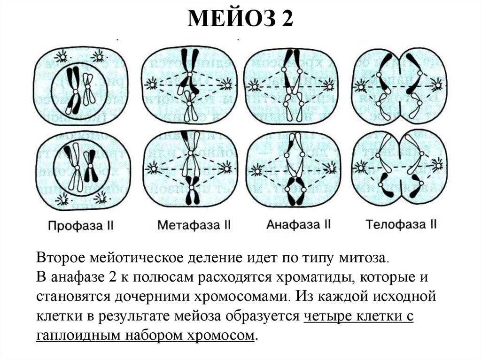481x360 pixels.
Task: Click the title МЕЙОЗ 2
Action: point(240,20)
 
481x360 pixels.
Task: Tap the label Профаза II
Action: point(81,225)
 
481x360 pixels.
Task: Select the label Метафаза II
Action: point(194,225)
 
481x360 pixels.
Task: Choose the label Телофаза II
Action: point(402,224)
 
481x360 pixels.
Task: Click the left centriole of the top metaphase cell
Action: point(151,84)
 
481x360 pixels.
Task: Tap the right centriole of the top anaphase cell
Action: point(329,86)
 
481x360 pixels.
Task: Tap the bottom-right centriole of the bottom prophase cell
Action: point(100,199)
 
